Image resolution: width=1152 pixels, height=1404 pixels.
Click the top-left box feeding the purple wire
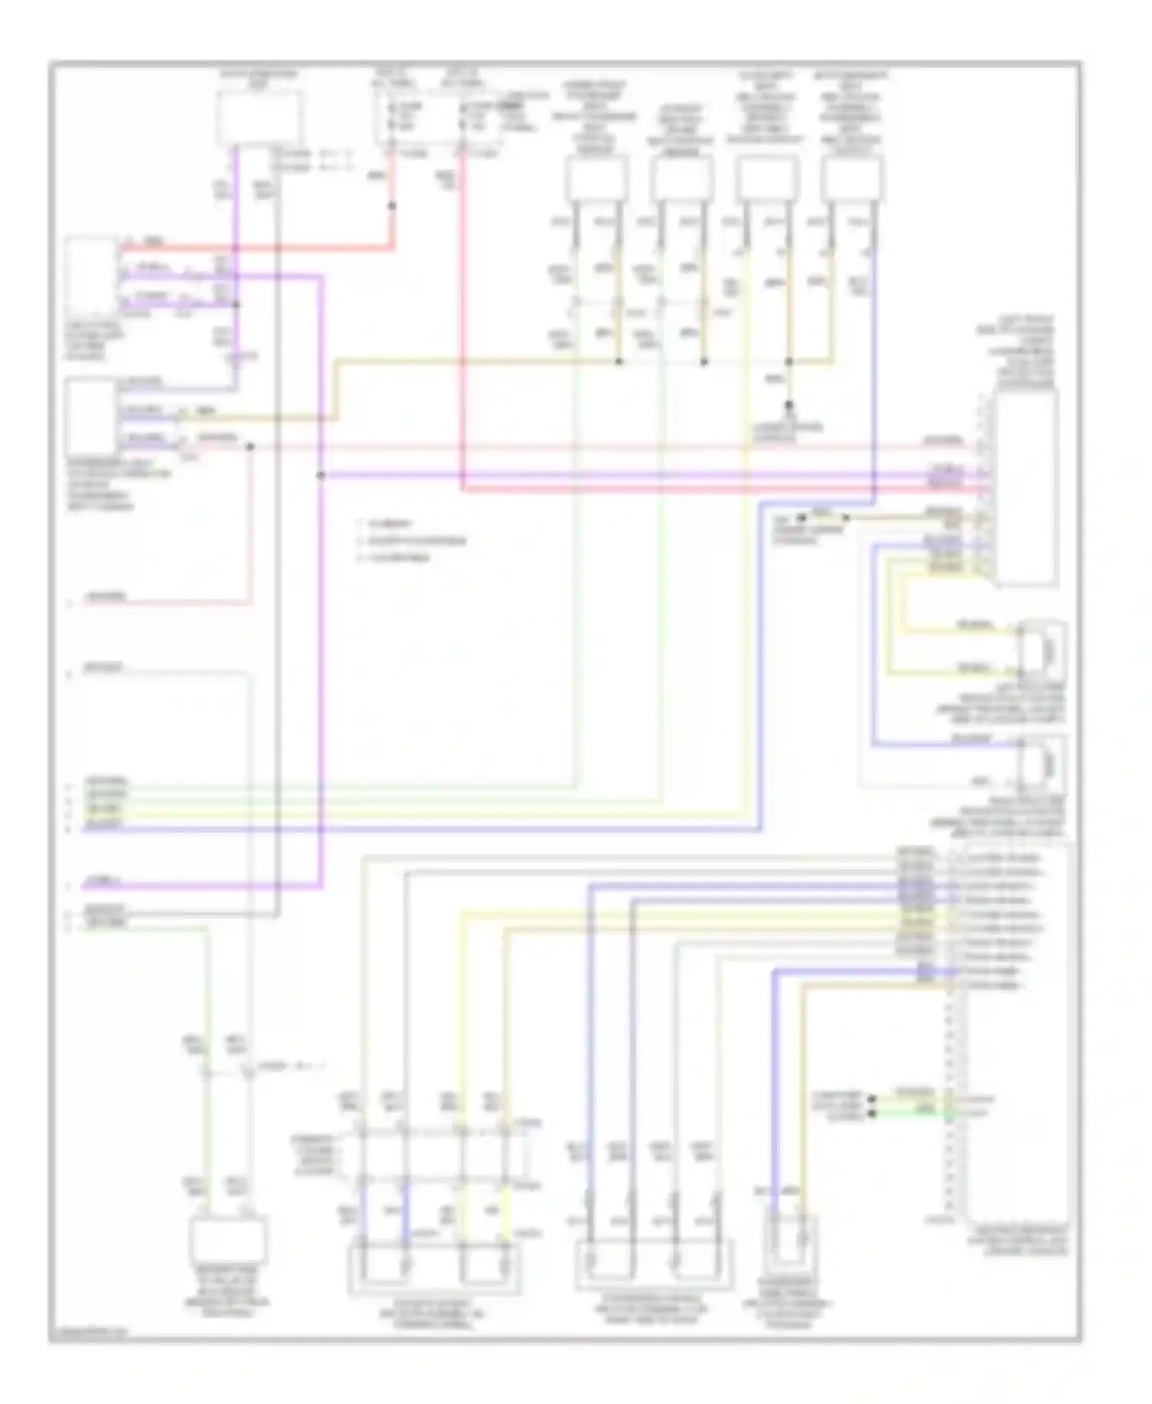[x=259, y=118]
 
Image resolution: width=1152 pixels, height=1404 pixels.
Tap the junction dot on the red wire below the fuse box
[x=392, y=206]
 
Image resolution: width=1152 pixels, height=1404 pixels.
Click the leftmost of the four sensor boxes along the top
[x=597, y=179]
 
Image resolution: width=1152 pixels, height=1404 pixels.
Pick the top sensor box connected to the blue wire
[x=851, y=179]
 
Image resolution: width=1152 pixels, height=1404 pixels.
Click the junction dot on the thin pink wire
[x=250, y=445]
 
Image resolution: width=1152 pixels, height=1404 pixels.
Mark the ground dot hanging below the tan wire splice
[x=788, y=404]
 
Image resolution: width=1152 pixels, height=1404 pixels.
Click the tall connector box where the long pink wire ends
[x=1026, y=488]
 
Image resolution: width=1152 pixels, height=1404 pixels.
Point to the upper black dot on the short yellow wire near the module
[x=871, y=1099]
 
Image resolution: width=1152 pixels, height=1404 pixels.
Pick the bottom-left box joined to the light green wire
[x=227, y=1239]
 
